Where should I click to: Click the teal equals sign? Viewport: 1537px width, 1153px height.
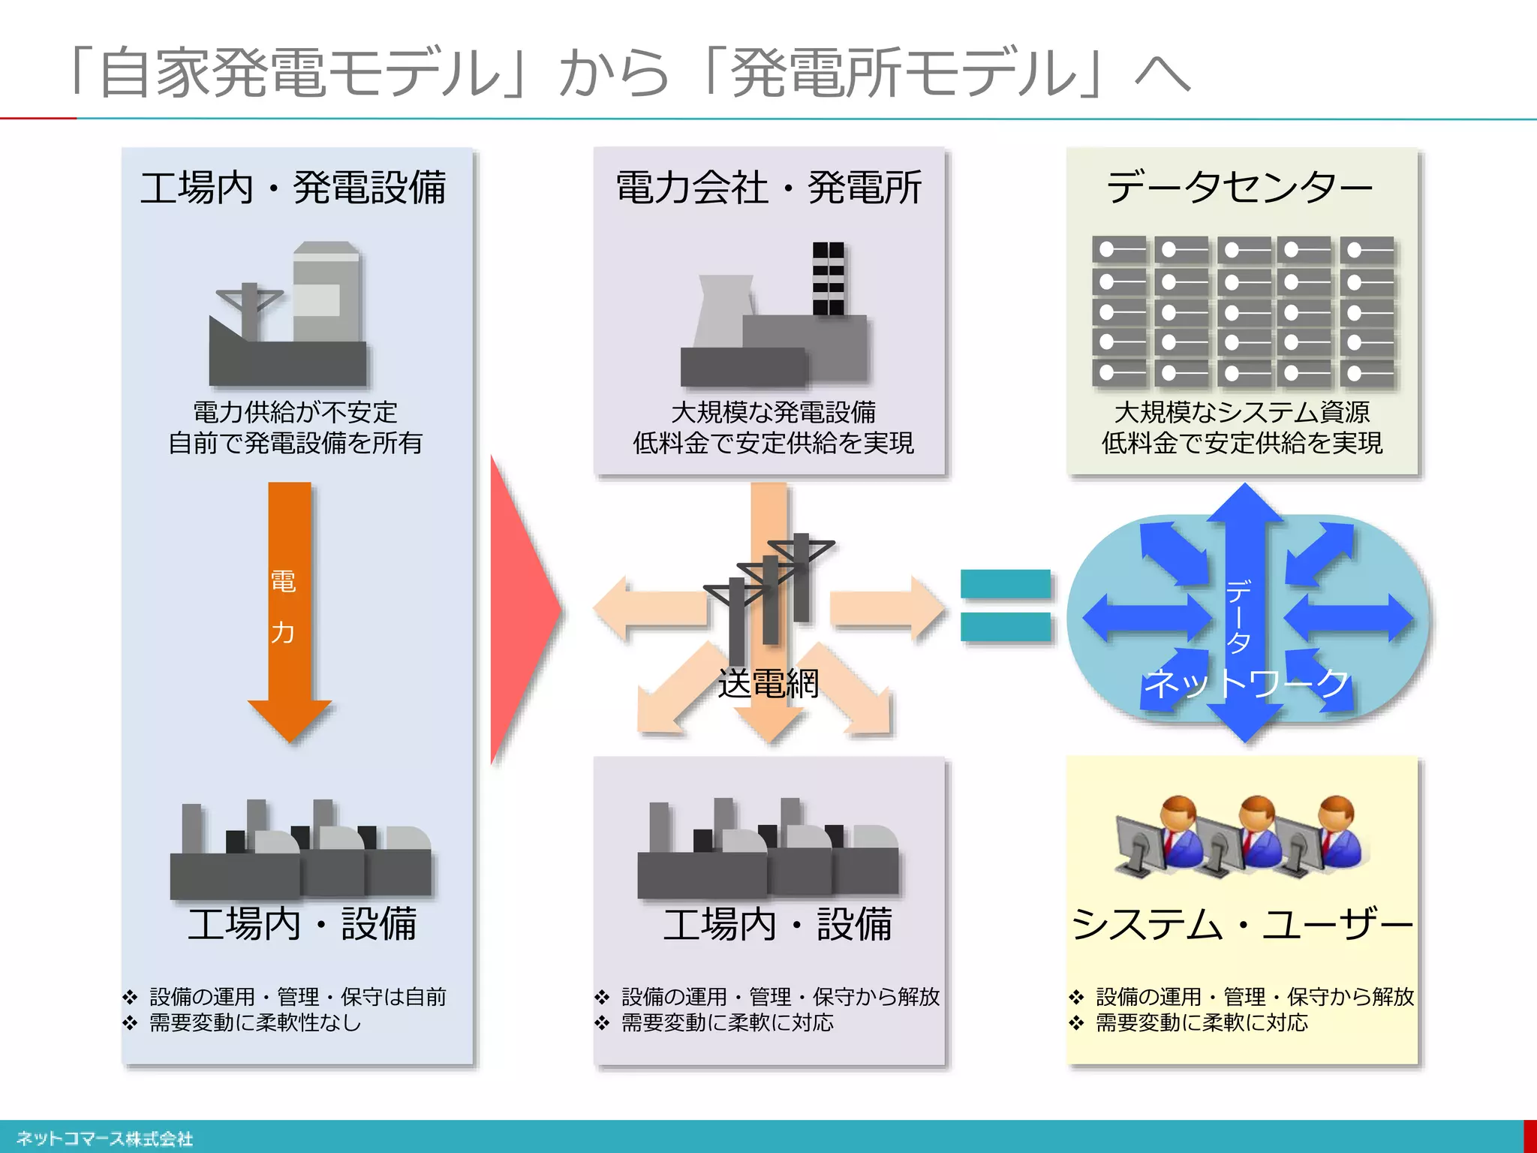coord(1006,605)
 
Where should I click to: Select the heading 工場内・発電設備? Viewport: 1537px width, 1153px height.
coord(293,188)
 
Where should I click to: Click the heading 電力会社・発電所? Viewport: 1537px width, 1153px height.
coord(768,188)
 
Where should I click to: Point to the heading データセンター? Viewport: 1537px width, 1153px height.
coord(1240,188)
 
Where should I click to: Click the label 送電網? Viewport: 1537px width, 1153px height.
coord(768,684)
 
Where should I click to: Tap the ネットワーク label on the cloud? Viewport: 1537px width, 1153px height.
coord(1246,684)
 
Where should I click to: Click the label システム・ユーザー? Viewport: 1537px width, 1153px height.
coord(1242,924)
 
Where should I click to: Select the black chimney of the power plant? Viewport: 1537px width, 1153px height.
coord(828,278)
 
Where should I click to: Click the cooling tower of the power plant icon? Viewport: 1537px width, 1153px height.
coord(724,312)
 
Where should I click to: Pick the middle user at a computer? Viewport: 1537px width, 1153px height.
coord(1246,837)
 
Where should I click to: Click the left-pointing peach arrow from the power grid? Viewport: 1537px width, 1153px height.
coord(645,608)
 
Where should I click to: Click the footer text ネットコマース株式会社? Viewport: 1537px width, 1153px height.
coord(105,1139)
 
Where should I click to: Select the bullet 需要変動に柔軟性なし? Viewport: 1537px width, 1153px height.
coord(255,1023)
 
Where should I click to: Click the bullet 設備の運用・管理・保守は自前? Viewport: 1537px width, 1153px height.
coord(297,997)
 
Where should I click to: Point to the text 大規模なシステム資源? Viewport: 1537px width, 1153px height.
coord(1242,412)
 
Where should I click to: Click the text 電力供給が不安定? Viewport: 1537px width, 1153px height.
coord(295,412)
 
